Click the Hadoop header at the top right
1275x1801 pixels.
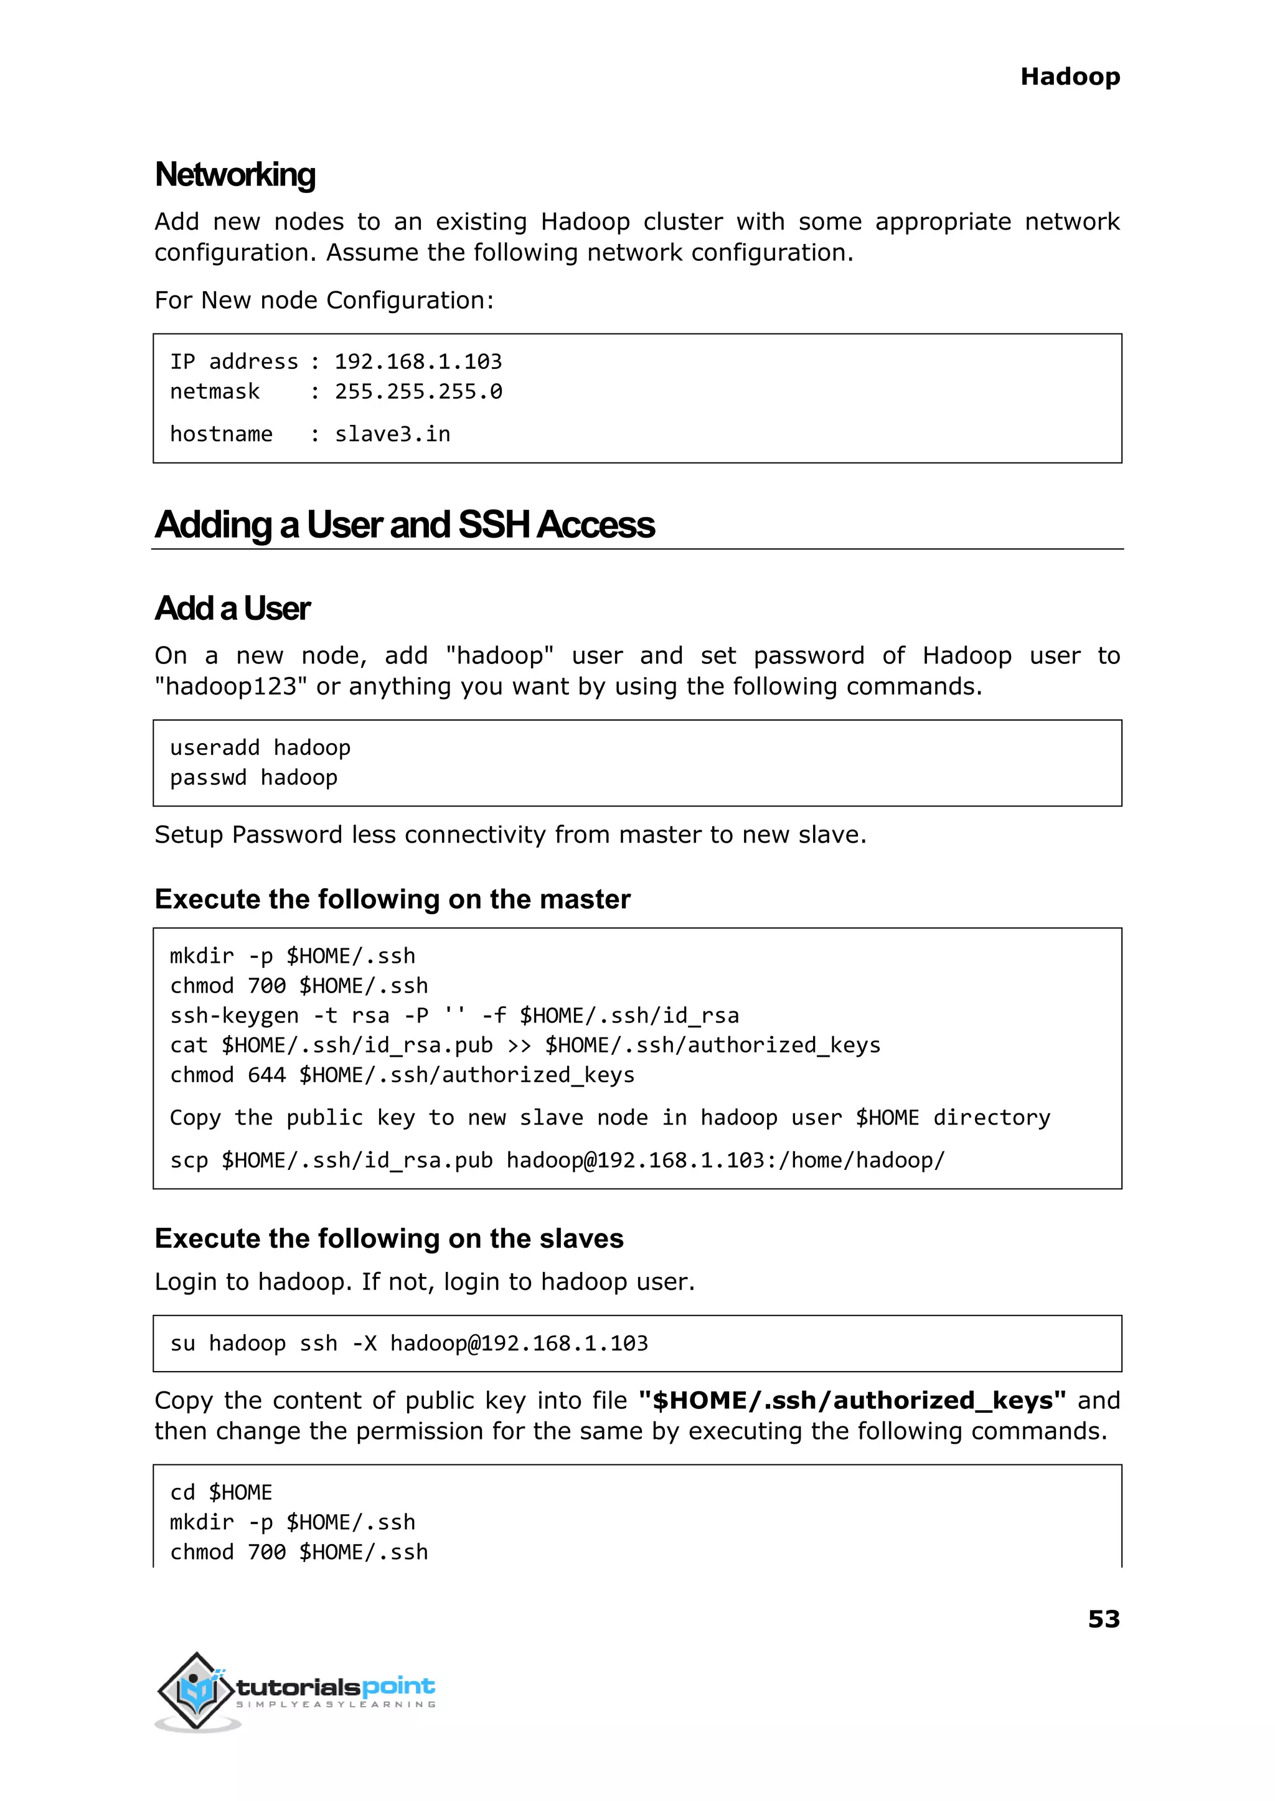coord(1070,77)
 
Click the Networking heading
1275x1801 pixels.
coord(235,174)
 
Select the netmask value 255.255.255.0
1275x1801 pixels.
coord(418,391)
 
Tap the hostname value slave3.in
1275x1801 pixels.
coord(393,434)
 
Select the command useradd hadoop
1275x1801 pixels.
coord(260,748)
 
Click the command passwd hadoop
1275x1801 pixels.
coord(253,778)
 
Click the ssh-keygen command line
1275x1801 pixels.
coord(454,1016)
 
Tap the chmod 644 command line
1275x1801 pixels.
coord(402,1075)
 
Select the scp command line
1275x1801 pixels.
coord(557,1160)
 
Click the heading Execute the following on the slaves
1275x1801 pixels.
coord(388,1238)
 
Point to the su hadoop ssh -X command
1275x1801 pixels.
coord(409,1344)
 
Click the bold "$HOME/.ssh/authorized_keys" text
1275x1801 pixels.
coord(853,1400)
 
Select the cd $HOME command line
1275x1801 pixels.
coord(220,1492)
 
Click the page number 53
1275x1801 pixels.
coord(1103,1619)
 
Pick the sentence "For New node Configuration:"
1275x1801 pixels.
coord(324,301)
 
